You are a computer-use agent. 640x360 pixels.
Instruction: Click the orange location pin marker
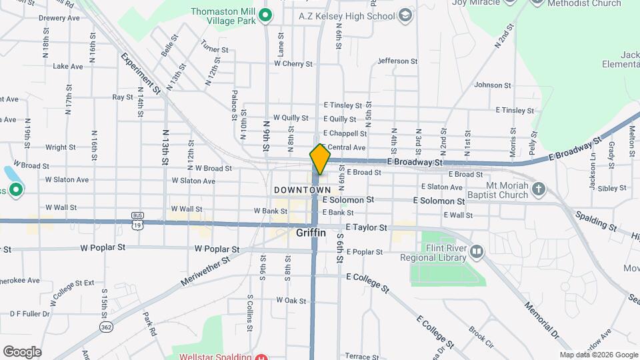(320, 159)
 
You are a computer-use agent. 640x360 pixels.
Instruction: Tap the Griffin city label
(311, 233)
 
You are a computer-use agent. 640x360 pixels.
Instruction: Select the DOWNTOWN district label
(302, 191)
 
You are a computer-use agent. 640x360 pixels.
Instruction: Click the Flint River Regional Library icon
(476, 251)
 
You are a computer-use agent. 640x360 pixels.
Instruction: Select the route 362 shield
(105, 327)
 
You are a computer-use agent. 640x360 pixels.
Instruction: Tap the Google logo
(22, 351)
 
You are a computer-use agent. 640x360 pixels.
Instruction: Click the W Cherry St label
(293, 64)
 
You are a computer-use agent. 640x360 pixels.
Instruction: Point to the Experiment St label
(141, 73)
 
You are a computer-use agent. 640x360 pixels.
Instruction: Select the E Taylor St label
(366, 227)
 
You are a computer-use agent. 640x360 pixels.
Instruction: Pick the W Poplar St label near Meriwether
(217, 249)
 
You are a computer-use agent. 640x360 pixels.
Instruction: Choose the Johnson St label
(492, 85)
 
